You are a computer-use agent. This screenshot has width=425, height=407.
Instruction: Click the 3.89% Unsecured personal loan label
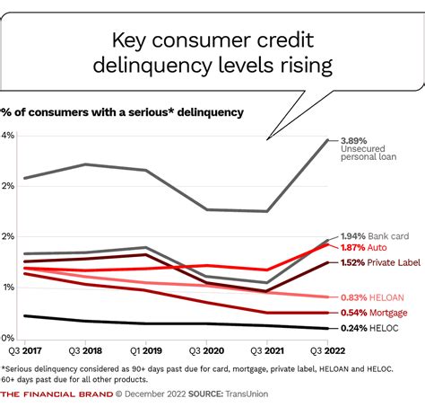tap(366, 148)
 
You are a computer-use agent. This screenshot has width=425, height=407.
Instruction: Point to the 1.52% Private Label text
tap(377, 263)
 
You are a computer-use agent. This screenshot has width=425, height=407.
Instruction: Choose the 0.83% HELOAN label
tap(369, 296)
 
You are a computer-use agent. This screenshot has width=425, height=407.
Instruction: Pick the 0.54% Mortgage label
tap(372, 313)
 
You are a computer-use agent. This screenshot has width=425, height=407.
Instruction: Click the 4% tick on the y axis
tap(7, 135)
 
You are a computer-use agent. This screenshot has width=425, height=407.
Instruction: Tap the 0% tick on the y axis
tap(7, 337)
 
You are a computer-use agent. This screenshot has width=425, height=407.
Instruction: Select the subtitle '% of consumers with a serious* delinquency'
tap(124, 112)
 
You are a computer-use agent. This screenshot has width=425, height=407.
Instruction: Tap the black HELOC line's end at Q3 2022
tap(327, 328)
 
